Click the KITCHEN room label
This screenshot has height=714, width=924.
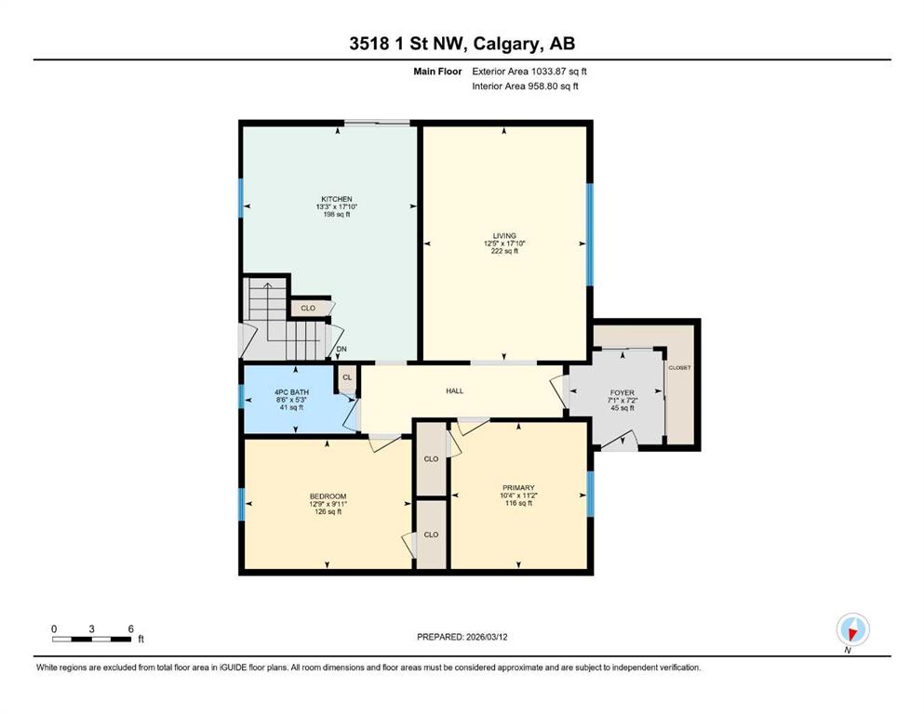pos(337,199)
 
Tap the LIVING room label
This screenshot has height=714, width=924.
pos(504,235)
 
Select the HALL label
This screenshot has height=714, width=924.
pos(454,390)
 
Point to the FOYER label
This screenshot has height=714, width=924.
pos(623,392)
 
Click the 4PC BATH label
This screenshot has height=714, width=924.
pos(291,392)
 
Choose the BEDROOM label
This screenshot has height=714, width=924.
pos(328,496)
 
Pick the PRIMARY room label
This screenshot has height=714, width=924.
pos(518,487)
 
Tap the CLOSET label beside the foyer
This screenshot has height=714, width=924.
pos(679,368)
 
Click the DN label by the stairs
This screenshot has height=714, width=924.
pos(341,349)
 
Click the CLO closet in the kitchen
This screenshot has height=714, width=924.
pos(308,308)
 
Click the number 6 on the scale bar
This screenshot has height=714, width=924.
pos(131,628)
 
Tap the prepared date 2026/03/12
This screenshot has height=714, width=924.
pos(487,637)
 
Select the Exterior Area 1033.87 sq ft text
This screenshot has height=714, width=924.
pos(529,72)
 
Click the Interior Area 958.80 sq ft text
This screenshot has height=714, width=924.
pos(525,86)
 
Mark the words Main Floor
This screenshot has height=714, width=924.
pos(437,72)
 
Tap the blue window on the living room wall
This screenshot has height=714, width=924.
pos(590,235)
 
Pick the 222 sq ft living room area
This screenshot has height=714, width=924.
pos(504,251)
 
